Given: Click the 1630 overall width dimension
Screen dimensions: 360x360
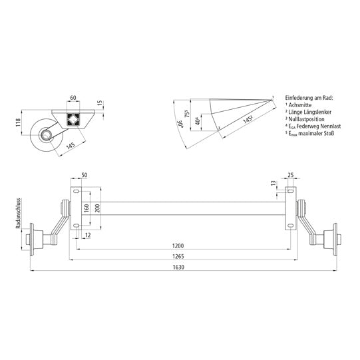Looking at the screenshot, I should tap(178, 268).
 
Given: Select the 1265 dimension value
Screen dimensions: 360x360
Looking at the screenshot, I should tap(178, 257).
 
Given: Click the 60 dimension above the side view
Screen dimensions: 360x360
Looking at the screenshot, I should tap(73, 98).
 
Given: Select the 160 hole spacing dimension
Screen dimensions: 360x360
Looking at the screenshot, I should tap(87, 208).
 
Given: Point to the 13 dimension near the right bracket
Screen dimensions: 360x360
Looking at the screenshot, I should tap(274, 183).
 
